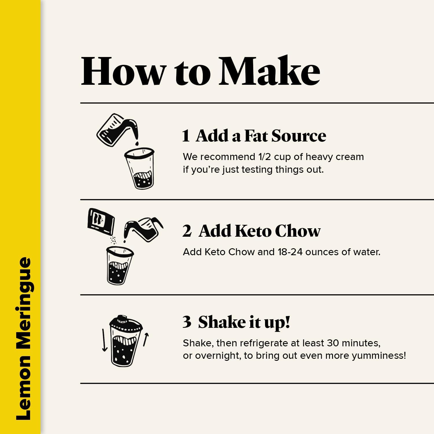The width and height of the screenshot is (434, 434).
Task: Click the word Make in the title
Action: (269, 71)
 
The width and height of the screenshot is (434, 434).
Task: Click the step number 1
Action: (186, 136)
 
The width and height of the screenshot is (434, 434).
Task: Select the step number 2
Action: (187, 231)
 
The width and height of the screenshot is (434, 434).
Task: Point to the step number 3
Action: (187, 322)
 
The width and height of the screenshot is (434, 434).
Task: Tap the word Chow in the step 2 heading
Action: (298, 231)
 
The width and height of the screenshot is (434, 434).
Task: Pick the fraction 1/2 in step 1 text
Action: (264, 157)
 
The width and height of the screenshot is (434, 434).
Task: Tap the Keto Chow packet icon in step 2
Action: (101, 221)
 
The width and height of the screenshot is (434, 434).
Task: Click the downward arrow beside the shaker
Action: (104, 340)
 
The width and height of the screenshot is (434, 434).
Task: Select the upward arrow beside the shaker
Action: (146, 339)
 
